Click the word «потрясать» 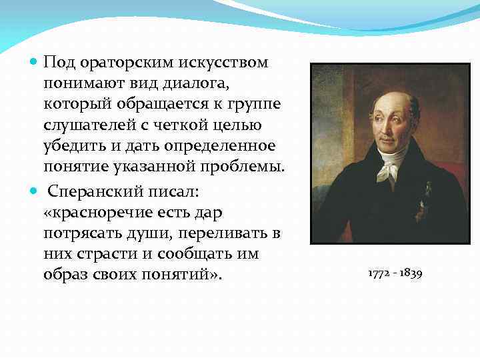78,233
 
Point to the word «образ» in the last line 65,276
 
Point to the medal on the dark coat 421,200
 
